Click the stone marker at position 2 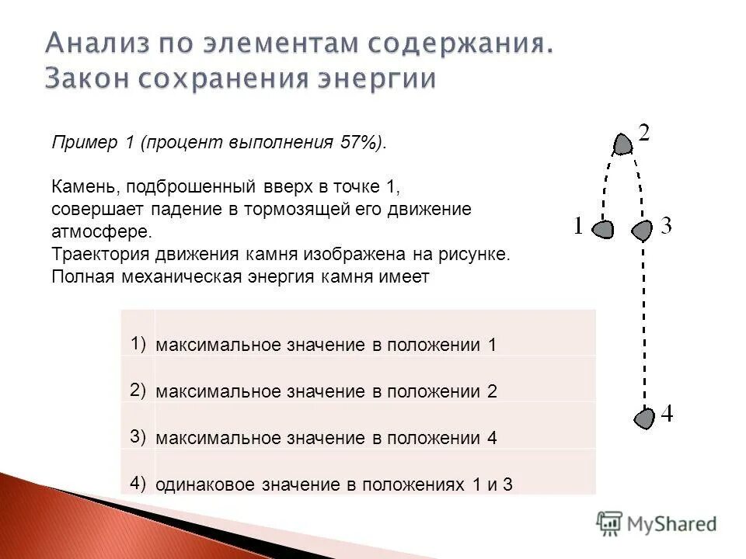[622, 144]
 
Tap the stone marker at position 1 [603, 229]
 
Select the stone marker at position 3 [642, 230]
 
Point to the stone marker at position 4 [643, 418]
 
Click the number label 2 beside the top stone [645, 132]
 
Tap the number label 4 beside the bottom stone [666, 415]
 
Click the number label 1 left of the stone [578, 226]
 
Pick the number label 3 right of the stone [666, 226]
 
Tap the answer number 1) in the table [138, 342]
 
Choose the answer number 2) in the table [138, 389]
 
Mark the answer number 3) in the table [138, 436]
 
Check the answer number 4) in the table [138, 482]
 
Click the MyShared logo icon [610, 523]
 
